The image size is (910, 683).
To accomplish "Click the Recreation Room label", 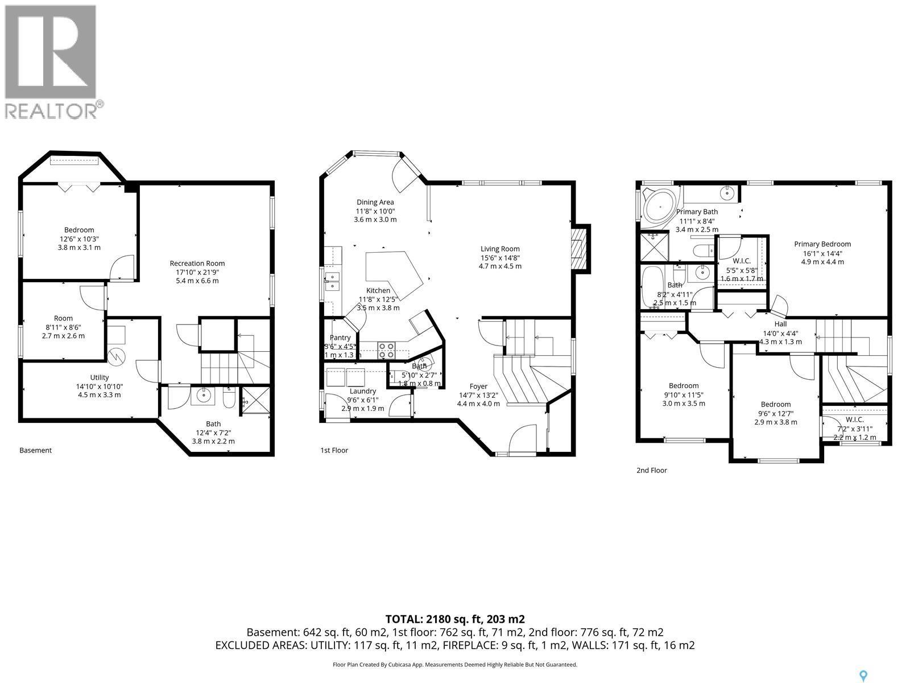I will click(x=197, y=263).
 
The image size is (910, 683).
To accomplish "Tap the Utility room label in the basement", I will click(x=100, y=377).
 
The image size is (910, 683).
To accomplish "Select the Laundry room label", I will click(x=362, y=391).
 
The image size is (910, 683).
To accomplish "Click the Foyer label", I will click(x=478, y=386).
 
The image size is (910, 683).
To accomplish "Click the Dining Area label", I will click(x=375, y=202).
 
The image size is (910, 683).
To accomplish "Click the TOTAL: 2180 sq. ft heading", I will click(x=454, y=619).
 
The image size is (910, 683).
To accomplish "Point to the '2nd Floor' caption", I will click(x=651, y=470).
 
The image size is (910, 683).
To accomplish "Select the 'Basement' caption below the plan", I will click(x=35, y=450).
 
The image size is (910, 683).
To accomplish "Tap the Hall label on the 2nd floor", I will click(x=780, y=324).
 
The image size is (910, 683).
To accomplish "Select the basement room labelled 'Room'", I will click(x=63, y=318).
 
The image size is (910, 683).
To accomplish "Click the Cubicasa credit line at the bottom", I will click(x=454, y=664).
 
